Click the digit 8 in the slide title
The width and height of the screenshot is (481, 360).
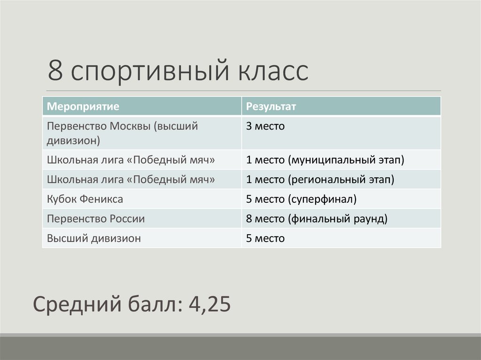coord(55,71)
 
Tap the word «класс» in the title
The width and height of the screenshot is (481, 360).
coord(272,71)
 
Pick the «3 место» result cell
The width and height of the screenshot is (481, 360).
coord(265,126)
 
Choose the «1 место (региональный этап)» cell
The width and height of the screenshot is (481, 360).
coord(320,180)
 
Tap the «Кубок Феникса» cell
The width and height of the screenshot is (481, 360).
coord(85,199)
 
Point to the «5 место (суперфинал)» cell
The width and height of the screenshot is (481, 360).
coord(301,199)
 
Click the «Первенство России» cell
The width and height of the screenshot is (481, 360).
coord(96,219)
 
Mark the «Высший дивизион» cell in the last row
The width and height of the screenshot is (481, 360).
coord(94,238)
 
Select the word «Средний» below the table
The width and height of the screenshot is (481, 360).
coord(76,305)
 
